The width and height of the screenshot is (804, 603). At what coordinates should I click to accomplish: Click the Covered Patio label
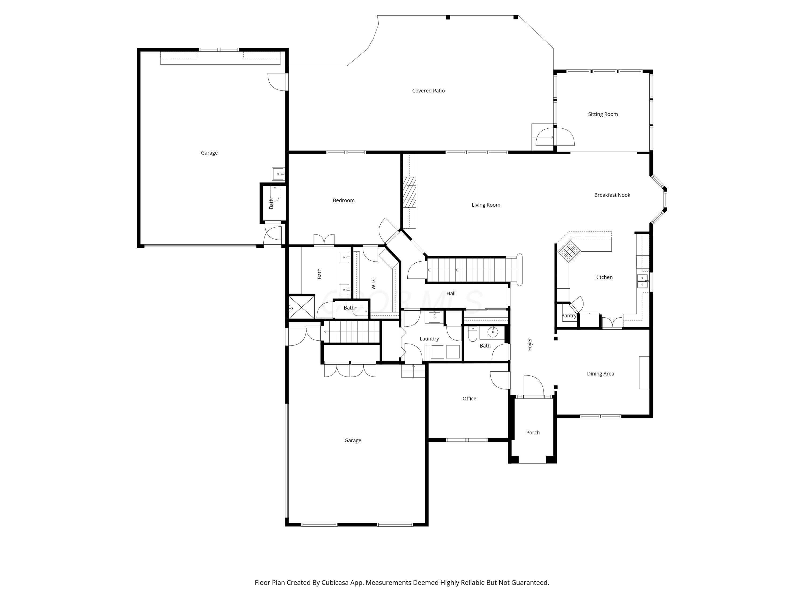[x=428, y=91]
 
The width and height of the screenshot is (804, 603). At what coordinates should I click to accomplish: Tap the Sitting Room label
[x=603, y=114]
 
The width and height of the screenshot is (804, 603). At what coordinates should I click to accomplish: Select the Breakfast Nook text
[x=612, y=195]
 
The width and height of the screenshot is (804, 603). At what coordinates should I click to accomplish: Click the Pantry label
[x=568, y=315]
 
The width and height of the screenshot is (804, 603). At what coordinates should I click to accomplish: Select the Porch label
[x=533, y=433]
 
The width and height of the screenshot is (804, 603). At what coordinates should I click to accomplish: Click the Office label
[x=469, y=398]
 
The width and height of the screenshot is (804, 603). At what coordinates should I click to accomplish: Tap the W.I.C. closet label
[x=373, y=283]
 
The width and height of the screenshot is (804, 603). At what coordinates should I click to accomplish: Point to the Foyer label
[x=530, y=344]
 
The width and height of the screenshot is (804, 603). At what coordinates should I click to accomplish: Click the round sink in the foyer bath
[x=493, y=332]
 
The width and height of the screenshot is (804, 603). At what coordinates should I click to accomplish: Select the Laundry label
[x=429, y=338]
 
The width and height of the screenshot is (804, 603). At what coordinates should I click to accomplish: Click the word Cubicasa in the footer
[x=334, y=582]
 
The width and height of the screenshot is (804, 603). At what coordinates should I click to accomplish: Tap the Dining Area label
[x=601, y=373]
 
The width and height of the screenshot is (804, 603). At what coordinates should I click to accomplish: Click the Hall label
[x=451, y=293]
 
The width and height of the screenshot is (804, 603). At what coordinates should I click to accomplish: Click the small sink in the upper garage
[x=278, y=174]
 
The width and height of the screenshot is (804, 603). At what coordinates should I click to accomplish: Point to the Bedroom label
[x=344, y=200]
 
